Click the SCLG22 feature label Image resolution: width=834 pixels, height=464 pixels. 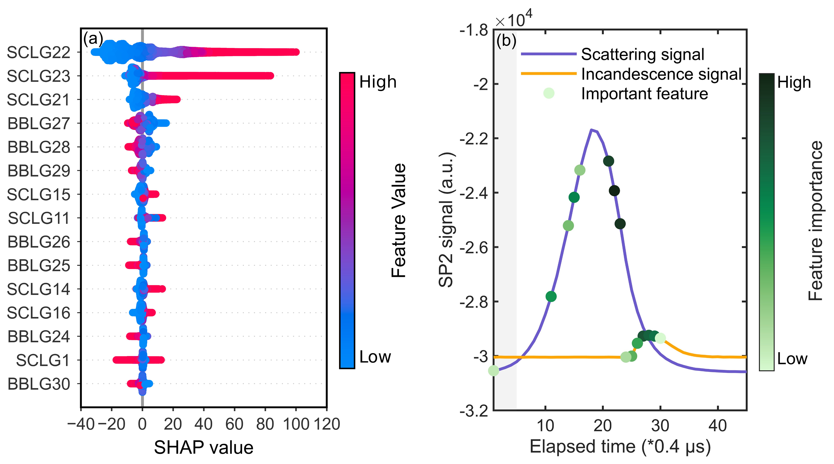38,52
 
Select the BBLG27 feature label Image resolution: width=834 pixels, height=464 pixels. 38,124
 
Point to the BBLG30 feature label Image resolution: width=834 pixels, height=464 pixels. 38,384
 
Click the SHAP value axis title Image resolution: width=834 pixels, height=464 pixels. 203,448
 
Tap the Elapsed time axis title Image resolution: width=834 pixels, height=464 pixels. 620,447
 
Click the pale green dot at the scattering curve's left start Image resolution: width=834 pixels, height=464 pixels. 493,370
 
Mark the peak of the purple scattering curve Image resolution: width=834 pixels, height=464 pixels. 591,130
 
